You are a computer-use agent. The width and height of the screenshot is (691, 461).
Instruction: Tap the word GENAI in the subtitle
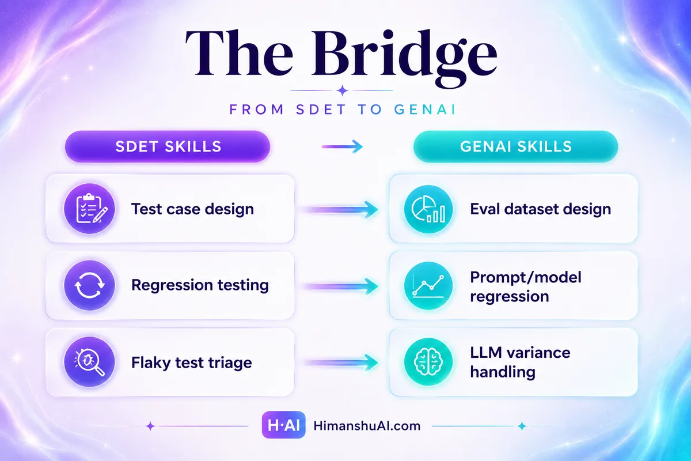coord(425,109)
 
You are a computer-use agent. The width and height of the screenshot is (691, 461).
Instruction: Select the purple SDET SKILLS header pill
coord(168,146)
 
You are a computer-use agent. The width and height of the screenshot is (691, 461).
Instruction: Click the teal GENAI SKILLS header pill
coord(515,146)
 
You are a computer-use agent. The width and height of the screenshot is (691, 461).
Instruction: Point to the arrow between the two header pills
coord(342,146)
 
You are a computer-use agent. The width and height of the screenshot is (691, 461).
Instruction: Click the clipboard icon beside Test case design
coord(89,209)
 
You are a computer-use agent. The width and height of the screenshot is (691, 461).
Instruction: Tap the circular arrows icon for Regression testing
coord(89,285)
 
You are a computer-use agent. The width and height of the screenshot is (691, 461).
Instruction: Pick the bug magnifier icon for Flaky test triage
coord(89,361)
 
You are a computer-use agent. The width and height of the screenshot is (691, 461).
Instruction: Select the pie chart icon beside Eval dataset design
coord(428,209)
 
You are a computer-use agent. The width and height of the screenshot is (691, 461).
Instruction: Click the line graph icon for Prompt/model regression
coord(428,286)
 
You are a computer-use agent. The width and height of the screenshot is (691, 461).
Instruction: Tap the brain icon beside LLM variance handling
coord(428,361)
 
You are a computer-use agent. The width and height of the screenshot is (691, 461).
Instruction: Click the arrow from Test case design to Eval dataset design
coord(341,210)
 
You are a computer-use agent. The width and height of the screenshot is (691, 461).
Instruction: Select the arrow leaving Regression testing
coord(341,286)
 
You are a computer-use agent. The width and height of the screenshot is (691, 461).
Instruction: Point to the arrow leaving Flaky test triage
coord(341,362)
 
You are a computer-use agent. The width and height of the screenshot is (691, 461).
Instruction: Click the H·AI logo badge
coord(283,425)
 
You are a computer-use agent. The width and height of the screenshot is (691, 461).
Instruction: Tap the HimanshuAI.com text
coord(367,426)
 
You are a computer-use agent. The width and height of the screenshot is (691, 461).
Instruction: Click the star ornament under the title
coord(342,91)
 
